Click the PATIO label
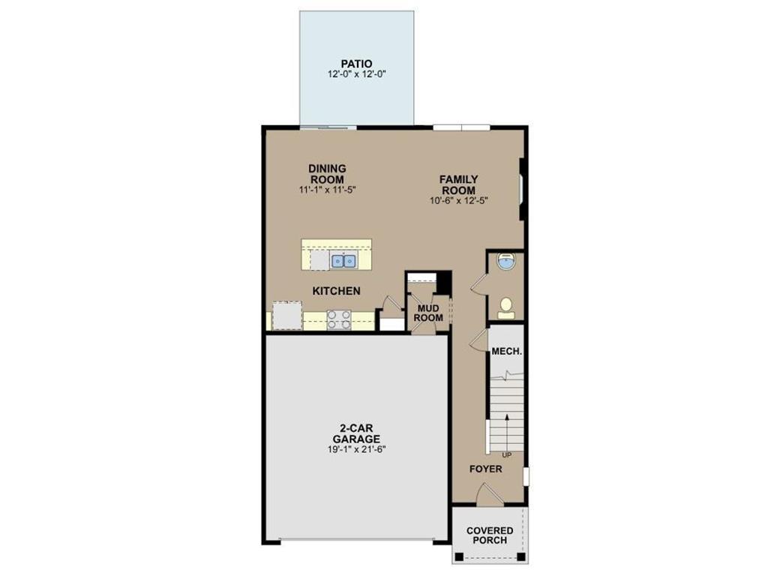pyautogui.click(x=356, y=64)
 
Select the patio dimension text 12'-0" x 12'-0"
pyautogui.click(x=356, y=75)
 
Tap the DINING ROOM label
pyautogui.click(x=326, y=174)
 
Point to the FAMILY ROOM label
pyautogui.click(x=458, y=184)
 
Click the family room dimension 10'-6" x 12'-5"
pyautogui.click(x=458, y=200)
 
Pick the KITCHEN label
pyautogui.click(x=337, y=291)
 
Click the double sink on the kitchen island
pyautogui.click(x=343, y=261)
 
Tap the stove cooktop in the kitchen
pyautogui.click(x=338, y=319)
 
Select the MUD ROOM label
pyautogui.click(x=428, y=313)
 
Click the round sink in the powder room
pyautogui.click(x=507, y=262)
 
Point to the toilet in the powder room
pyautogui.click(x=506, y=307)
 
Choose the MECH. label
pyautogui.click(x=506, y=351)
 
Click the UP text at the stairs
pyautogui.click(x=507, y=455)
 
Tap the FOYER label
pyautogui.click(x=486, y=469)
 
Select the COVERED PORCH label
pyautogui.click(x=490, y=535)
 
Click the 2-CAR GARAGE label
pyautogui.click(x=356, y=433)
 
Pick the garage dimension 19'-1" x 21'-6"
pyautogui.click(x=356, y=449)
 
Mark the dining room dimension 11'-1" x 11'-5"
pyautogui.click(x=326, y=190)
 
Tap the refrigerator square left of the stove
pyautogui.click(x=286, y=315)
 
